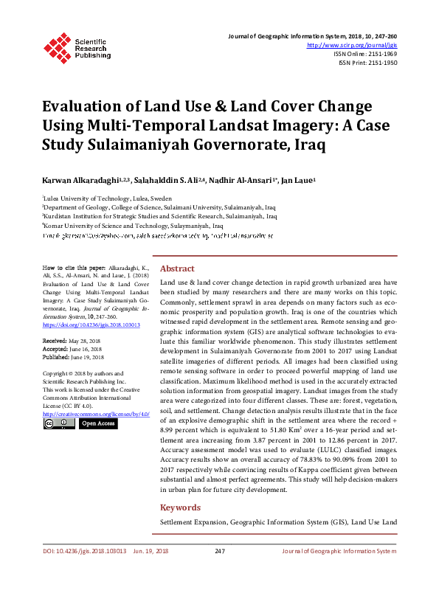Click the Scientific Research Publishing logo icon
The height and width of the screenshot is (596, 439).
58,46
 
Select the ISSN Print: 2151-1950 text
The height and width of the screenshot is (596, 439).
367,63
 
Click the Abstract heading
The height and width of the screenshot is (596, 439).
177,269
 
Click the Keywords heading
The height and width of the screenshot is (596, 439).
181,507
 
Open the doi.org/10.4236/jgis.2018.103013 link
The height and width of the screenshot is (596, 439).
91,325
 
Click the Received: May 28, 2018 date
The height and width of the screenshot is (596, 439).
75,342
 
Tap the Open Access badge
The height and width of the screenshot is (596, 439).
97,424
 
